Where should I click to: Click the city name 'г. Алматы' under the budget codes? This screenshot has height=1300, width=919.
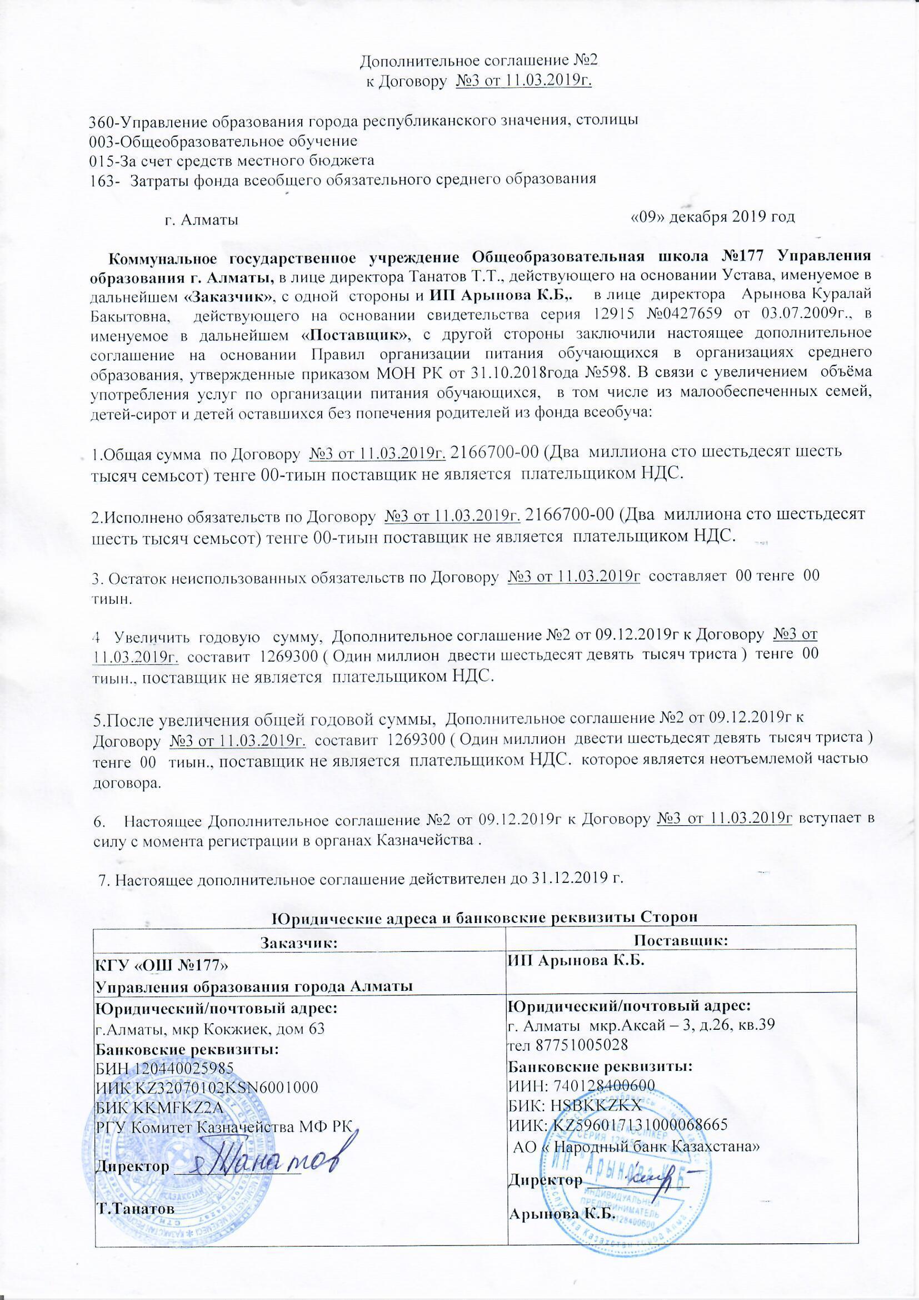tap(201, 220)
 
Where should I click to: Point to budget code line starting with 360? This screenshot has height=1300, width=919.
tap(366, 121)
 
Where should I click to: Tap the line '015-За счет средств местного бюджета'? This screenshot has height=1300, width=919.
tap(232, 160)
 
